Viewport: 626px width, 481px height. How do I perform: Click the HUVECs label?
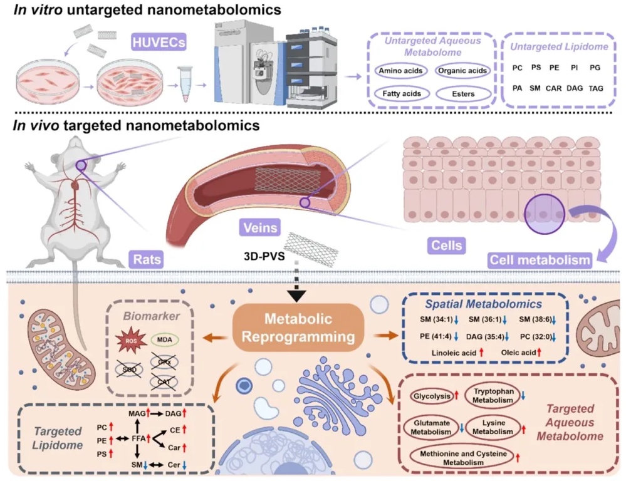(153, 43)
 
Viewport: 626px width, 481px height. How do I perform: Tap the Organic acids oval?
(462, 71)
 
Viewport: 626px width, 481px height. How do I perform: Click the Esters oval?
(462, 95)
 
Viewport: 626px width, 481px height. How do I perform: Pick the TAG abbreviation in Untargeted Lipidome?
(595, 89)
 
